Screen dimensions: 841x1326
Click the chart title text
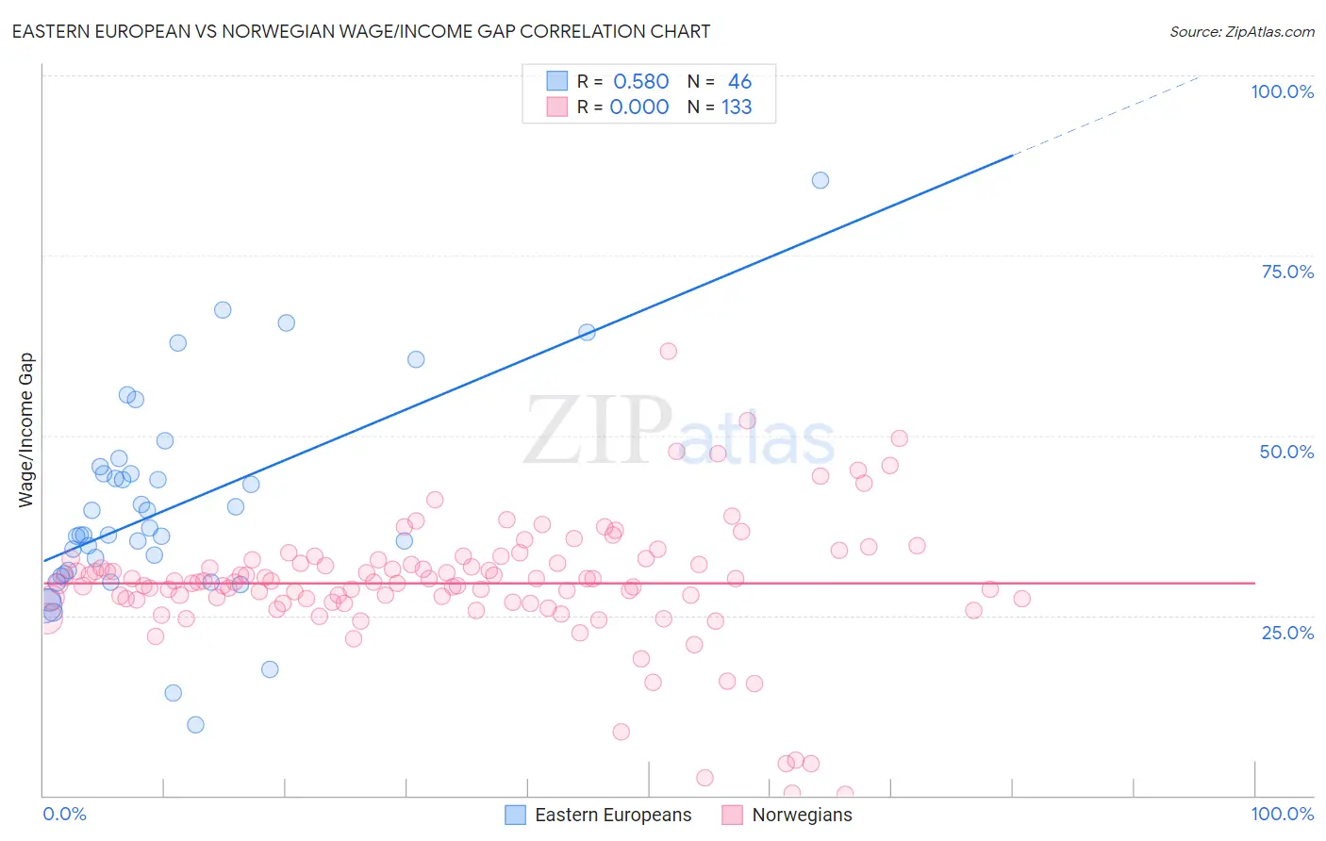(x=361, y=31)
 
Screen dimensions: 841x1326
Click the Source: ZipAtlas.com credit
(x=1241, y=31)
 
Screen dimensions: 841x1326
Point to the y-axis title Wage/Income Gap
(x=26, y=430)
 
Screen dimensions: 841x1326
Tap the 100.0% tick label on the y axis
(x=1282, y=91)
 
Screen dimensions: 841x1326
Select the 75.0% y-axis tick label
(x=1286, y=272)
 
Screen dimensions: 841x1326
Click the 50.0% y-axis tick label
(x=1286, y=452)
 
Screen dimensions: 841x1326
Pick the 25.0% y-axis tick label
(x=1286, y=633)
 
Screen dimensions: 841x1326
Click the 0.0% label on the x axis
(x=64, y=814)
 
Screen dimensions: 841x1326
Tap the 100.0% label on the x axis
(x=1282, y=814)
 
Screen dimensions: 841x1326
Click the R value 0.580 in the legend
(x=640, y=82)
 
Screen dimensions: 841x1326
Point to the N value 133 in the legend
(x=737, y=107)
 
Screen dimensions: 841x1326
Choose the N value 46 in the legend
(x=739, y=82)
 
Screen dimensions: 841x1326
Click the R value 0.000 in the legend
(x=639, y=107)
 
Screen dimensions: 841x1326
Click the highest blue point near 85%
(x=820, y=180)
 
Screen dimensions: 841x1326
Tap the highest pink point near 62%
(x=669, y=351)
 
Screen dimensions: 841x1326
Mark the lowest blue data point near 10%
(x=195, y=724)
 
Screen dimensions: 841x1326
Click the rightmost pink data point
(x=1021, y=599)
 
